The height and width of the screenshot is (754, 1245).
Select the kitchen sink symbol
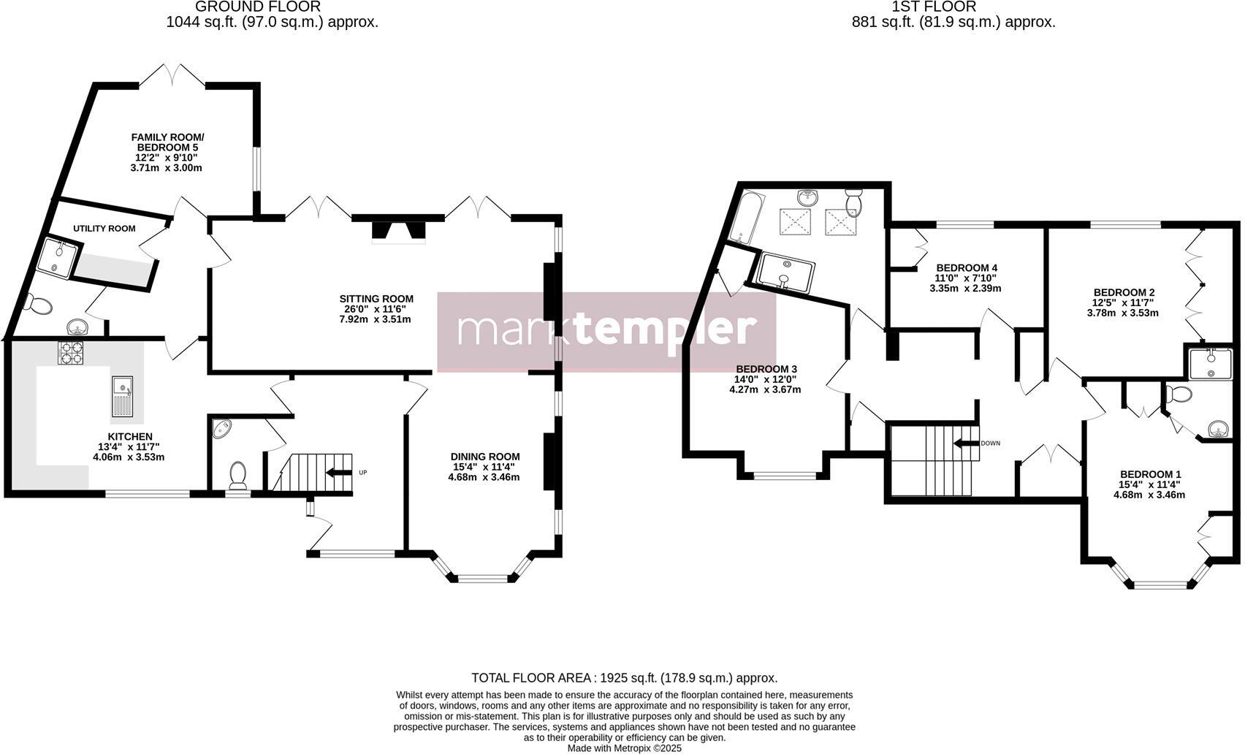coord(122,396)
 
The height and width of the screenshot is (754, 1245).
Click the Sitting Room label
coord(376,298)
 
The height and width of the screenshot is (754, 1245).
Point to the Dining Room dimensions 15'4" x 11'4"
coord(484,467)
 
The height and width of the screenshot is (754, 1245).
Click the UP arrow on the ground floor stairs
coord(338,472)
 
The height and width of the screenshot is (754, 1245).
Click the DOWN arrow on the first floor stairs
coord(965,443)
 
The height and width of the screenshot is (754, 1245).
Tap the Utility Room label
coord(104,228)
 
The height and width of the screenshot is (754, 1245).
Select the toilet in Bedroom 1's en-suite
coord(1178,394)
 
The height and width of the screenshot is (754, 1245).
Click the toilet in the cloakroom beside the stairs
coord(238,475)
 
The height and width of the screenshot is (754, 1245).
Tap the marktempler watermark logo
coord(606,330)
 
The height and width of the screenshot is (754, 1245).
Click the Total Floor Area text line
coord(624,678)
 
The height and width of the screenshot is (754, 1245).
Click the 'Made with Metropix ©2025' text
coord(624,748)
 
